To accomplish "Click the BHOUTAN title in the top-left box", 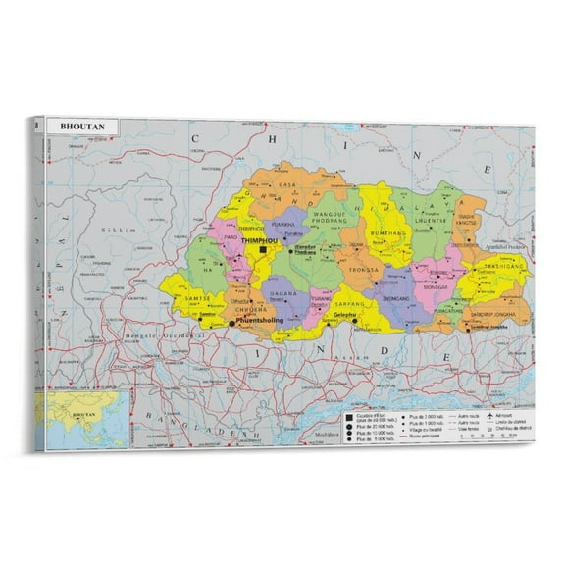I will [x=79, y=127].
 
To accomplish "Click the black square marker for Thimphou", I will [x=263, y=250].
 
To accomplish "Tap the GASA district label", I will [x=286, y=184].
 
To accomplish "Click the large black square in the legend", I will [x=347, y=415].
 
